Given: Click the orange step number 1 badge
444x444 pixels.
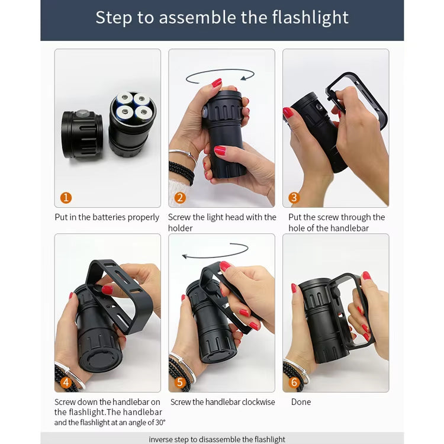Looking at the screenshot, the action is point(66,198).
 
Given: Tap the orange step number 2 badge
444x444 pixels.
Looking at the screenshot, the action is point(180,198).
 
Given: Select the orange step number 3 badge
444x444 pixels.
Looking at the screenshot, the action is point(294,198).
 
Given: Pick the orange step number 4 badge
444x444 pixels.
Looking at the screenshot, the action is point(66,382).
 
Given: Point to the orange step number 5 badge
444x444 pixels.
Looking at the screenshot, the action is point(180,382).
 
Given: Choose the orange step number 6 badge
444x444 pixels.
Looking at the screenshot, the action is point(294,382).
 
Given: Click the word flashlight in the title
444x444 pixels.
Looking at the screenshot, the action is point(310,18).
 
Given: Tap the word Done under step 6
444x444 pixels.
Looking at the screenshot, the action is point(301,402).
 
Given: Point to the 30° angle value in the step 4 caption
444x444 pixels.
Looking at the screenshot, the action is point(160,423).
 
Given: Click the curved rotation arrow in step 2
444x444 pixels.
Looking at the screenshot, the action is point(220,70).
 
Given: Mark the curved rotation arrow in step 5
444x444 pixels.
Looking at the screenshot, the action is point(215,256).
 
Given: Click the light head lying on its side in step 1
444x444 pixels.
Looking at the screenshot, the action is point(82,134).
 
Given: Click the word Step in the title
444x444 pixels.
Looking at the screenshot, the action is point(114,18).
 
